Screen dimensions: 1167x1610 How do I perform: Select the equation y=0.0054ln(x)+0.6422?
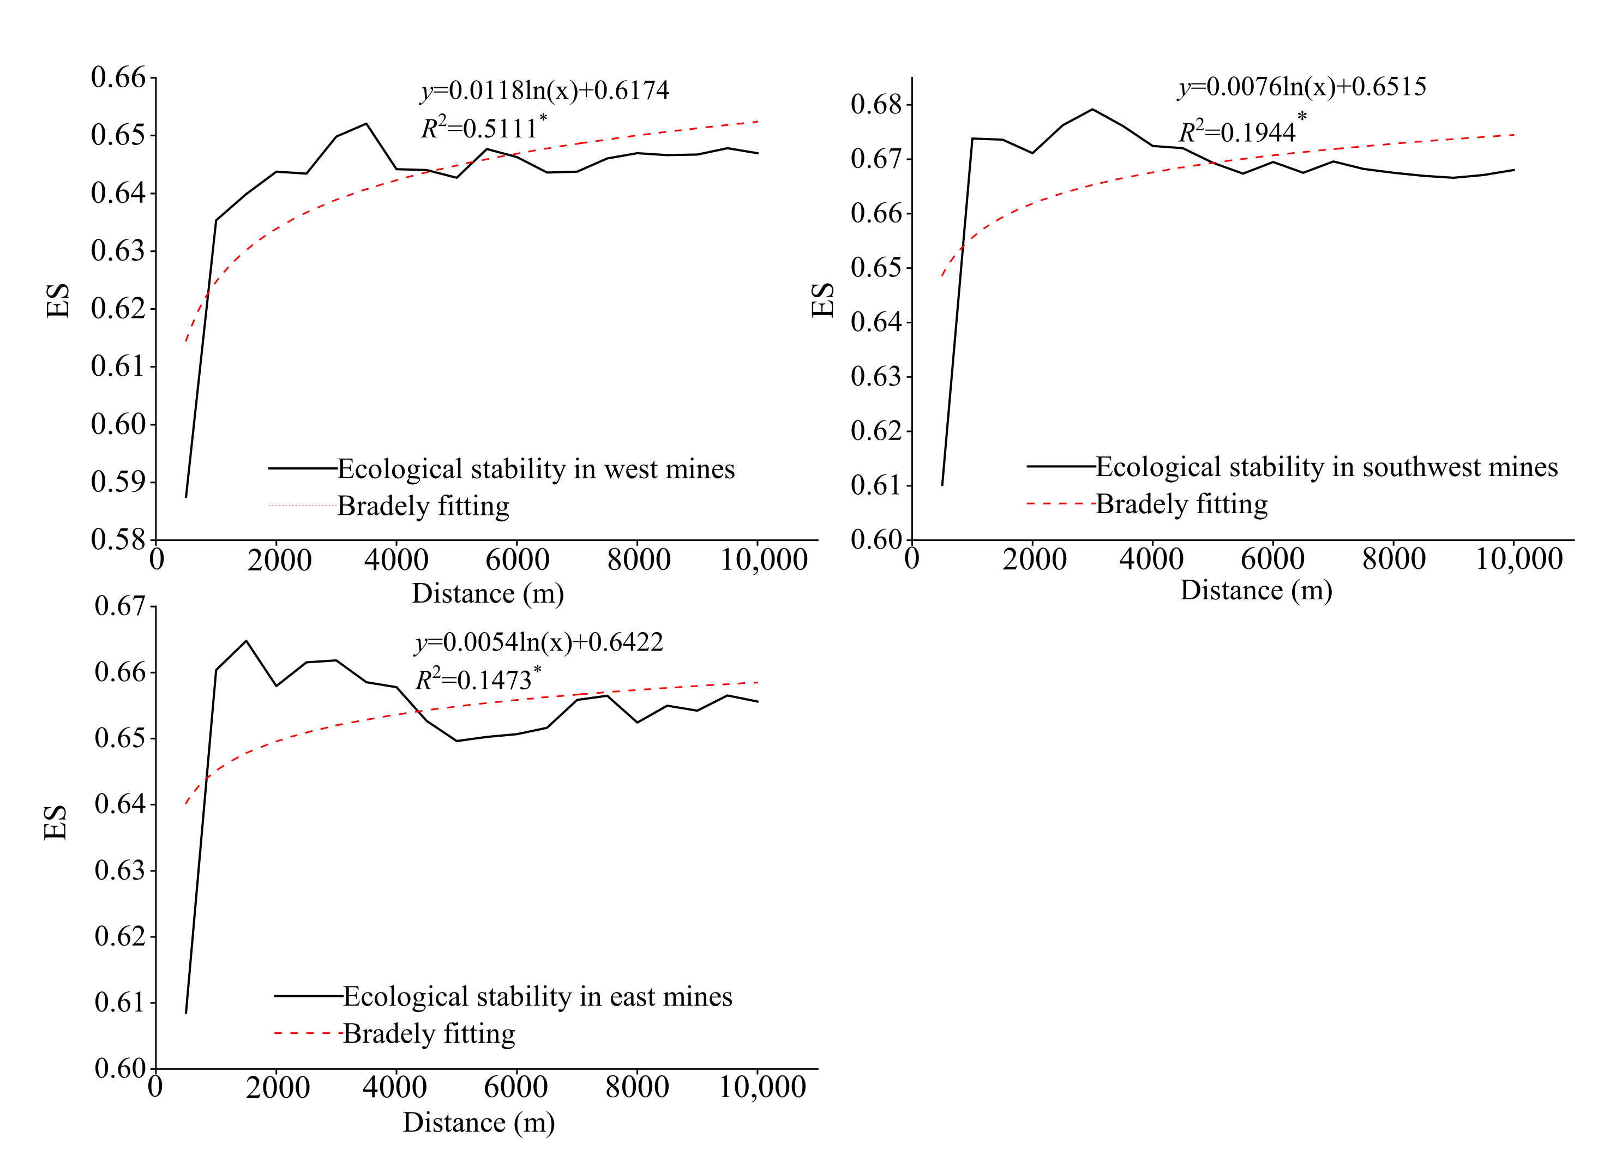[539, 642]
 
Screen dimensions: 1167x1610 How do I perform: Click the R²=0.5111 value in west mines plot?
[483, 129]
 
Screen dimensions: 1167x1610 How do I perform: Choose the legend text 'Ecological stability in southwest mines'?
[1326, 467]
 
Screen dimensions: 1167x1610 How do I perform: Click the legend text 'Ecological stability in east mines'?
[537, 997]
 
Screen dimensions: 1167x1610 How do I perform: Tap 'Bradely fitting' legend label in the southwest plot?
[1181, 504]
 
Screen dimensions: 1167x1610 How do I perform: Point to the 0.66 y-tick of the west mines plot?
[118, 77]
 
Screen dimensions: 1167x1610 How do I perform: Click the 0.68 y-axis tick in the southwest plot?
[875, 104]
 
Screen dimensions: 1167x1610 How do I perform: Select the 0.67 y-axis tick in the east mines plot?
[119, 606]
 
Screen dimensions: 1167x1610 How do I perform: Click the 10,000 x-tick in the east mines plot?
[762, 1087]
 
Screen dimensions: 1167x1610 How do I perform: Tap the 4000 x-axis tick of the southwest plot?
[1151, 560]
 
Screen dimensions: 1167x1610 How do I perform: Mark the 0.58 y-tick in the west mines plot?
[118, 539]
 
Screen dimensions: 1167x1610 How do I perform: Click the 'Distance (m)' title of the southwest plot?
[1256, 591]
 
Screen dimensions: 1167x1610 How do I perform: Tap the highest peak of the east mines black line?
[247, 641]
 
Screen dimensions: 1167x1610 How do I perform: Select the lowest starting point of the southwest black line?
[942, 485]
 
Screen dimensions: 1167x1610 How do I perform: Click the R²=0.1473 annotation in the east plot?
[477, 680]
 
